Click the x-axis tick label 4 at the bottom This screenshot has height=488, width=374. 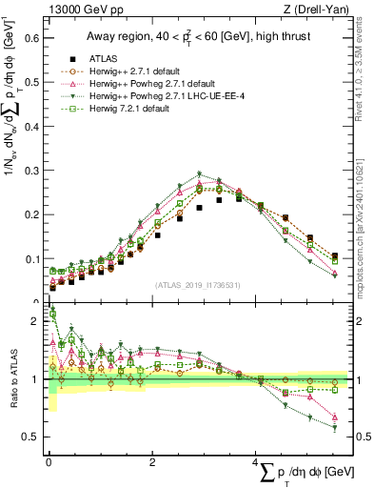point(257,462)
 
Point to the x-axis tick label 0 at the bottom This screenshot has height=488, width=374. point(49,462)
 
